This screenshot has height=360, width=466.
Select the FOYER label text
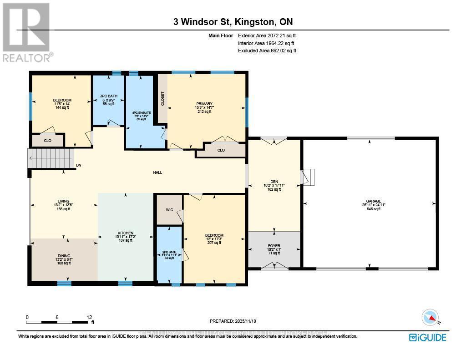(x=274, y=246)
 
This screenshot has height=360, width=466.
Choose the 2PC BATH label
(x=169, y=252)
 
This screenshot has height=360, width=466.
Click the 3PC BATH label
(x=108, y=96)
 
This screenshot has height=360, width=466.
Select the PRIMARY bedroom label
(x=201, y=104)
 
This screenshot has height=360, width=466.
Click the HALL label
(x=157, y=172)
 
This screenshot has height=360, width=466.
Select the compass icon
(x=430, y=317)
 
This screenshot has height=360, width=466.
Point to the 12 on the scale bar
(x=89, y=317)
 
